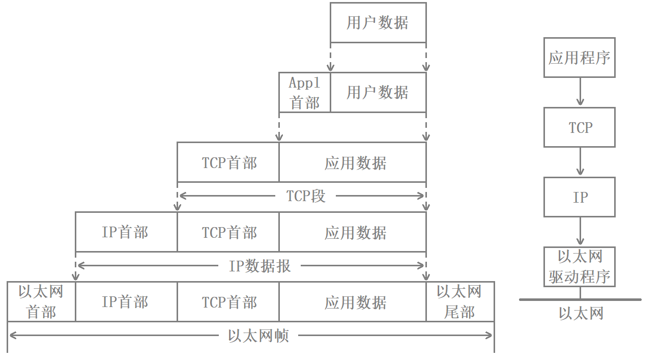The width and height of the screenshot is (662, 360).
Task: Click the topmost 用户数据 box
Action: [378, 22]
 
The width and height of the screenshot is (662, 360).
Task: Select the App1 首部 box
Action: [304, 92]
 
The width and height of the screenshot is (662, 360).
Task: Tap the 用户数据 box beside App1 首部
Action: [378, 92]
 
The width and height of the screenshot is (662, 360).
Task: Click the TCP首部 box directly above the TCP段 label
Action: [228, 162]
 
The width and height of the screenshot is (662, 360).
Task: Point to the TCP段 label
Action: [305, 196]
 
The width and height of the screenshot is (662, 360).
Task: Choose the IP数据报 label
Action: [260, 265]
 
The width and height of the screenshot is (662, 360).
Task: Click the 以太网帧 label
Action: [258, 336]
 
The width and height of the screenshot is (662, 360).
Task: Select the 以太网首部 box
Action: [41, 301]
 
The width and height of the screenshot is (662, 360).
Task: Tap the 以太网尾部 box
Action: [459, 301]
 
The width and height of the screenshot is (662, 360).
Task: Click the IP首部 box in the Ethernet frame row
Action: [126, 301]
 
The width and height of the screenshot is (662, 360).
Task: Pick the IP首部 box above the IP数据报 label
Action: [126, 232]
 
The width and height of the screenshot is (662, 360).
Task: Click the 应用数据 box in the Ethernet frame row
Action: [355, 301]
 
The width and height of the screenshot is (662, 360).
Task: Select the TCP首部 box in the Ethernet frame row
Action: [228, 301]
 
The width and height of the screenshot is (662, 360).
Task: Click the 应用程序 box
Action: [579, 57]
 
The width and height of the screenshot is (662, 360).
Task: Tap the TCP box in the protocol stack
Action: [579, 127]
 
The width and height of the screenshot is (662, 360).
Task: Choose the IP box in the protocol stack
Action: [579, 197]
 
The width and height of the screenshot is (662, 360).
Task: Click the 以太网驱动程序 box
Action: [579, 266]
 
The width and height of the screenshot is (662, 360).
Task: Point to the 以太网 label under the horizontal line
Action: [581, 313]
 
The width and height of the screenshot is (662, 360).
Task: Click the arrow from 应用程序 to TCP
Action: [580, 92]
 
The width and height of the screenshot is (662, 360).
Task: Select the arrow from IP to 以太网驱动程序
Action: [580, 232]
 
